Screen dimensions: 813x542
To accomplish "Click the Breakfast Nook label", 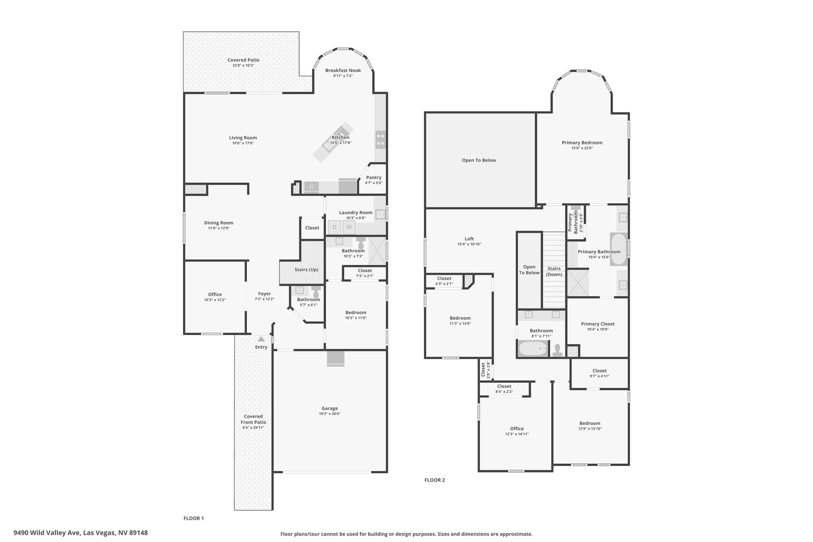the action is (343, 71).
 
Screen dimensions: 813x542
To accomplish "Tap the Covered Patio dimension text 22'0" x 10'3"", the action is (243, 66).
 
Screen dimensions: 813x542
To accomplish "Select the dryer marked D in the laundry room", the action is (334, 227).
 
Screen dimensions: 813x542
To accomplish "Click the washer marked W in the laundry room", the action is (349, 227).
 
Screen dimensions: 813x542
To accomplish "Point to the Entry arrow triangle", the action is (261, 339).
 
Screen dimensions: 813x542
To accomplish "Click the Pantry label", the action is (374, 177).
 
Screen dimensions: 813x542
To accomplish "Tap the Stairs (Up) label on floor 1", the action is (306, 270).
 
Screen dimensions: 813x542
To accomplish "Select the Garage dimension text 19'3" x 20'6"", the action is (329, 414).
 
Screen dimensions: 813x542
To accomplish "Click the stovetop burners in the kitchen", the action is (380, 139).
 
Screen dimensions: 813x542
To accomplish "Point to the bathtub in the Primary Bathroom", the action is (618, 250).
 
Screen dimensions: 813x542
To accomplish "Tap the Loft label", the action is (469, 239).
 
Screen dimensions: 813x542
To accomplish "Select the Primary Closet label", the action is (597, 324).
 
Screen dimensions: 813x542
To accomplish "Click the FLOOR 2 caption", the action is (435, 480).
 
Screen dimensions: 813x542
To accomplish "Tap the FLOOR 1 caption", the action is (194, 518).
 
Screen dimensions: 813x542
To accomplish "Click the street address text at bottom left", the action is (81, 533).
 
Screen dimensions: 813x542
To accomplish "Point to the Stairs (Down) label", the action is (554, 272).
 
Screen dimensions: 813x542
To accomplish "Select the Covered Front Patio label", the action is (253, 419).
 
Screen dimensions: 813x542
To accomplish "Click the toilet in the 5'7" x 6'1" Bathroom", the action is (316, 291).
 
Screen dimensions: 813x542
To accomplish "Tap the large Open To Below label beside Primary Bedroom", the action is (479, 160).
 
